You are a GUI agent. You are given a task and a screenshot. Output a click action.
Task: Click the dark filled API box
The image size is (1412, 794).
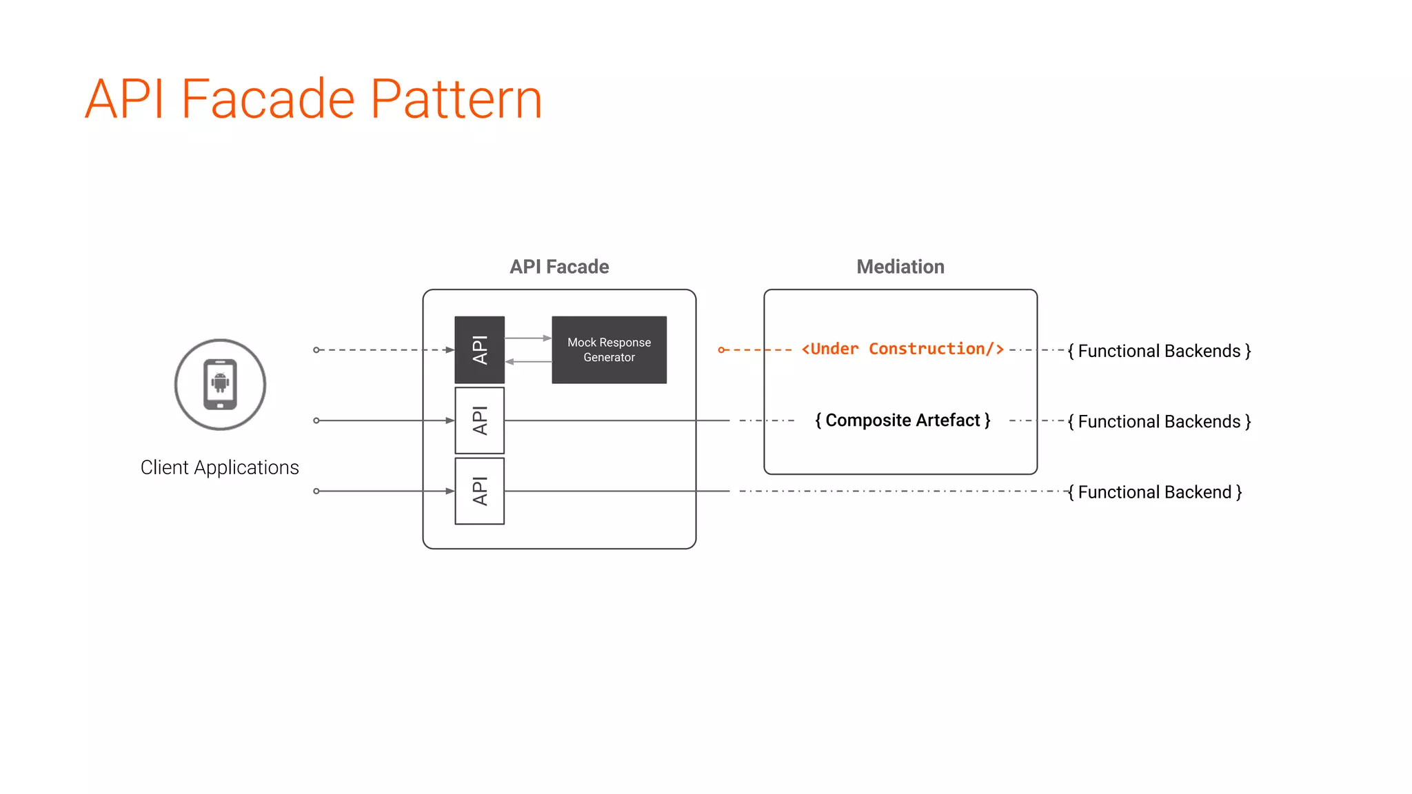point(479,349)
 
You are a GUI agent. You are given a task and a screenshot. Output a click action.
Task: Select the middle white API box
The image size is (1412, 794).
point(479,420)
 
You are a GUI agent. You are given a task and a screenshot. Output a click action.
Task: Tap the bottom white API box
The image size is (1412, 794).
point(479,491)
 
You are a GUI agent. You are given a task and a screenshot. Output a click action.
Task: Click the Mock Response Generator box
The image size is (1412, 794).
point(609,349)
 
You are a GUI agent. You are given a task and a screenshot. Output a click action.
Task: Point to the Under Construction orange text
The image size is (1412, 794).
point(902,349)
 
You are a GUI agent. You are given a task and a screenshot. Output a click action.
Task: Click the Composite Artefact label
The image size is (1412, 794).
point(902,420)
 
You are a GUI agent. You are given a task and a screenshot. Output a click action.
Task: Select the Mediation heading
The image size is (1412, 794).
point(900,267)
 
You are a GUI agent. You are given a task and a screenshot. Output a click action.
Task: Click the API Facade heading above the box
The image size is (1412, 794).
point(558,267)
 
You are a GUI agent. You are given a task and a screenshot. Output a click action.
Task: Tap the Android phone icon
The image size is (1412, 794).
point(220,384)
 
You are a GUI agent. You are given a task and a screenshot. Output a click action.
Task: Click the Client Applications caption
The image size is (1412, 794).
point(219,467)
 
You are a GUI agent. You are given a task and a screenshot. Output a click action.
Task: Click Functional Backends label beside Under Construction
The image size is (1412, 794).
point(1159,351)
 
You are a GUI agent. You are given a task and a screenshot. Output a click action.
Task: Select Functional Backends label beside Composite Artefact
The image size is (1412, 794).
point(1159,421)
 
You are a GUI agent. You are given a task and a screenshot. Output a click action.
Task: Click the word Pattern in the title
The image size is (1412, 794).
point(456,99)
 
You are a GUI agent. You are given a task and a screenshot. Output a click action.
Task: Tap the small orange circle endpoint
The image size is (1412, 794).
point(721,350)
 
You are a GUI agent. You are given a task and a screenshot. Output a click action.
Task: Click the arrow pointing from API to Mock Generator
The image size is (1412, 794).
point(528,338)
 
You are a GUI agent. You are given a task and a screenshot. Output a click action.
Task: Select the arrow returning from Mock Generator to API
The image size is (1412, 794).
point(528,361)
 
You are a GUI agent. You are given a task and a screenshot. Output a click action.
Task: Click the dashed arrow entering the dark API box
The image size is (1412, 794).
point(386,350)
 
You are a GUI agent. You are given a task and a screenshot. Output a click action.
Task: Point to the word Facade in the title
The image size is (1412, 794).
point(268,99)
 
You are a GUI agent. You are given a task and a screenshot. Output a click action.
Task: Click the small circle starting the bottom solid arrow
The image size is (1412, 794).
point(316,491)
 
